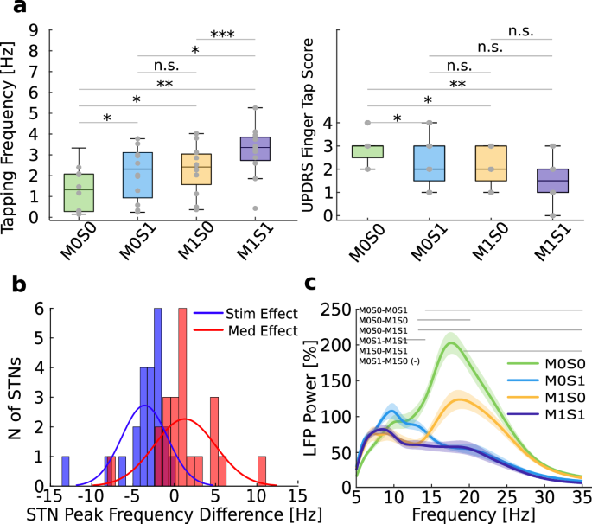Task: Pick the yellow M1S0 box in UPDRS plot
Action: point(490,163)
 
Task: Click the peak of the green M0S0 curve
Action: point(449,343)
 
